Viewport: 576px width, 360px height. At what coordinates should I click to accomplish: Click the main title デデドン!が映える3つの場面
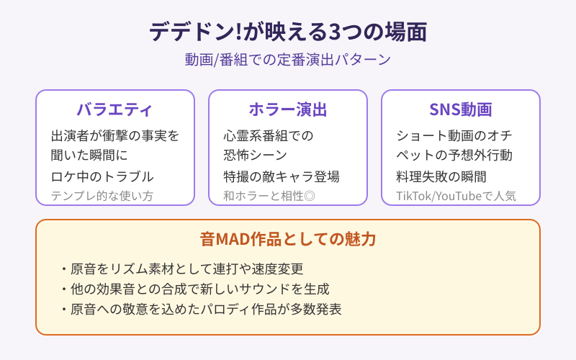point(288,32)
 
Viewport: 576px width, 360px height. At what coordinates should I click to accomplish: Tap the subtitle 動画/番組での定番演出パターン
point(288,60)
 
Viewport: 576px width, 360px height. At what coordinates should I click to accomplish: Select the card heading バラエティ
point(115,109)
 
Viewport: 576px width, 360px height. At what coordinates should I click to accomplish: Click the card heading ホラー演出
point(288,109)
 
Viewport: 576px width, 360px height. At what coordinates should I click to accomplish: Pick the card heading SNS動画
point(461,109)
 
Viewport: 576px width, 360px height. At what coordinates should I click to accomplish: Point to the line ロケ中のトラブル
point(102,176)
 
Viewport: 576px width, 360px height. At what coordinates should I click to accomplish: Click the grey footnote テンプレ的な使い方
point(102,196)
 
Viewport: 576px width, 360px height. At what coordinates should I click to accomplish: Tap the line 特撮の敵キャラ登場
point(282,176)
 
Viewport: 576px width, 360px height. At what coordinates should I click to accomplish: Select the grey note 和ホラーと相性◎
point(269,196)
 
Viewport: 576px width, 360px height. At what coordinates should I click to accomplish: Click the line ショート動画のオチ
point(454,135)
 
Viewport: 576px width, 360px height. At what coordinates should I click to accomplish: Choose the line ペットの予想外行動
point(454,155)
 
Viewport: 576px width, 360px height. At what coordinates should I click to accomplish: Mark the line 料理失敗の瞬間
point(441,176)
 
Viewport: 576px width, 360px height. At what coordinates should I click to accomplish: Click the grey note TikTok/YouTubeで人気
point(456,196)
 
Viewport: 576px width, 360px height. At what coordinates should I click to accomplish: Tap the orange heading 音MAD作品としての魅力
point(288,239)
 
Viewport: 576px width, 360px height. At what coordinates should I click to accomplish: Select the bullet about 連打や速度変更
point(181,269)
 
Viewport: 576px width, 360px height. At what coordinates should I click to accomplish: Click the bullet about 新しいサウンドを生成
point(194,289)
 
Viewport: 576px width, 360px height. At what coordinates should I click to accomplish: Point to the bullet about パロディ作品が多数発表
point(201,310)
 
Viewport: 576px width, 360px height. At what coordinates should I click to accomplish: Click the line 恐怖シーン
point(256,155)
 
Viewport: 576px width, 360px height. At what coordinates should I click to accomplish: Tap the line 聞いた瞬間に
point(89,155)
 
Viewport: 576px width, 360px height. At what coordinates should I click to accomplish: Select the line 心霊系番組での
point(269,135)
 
